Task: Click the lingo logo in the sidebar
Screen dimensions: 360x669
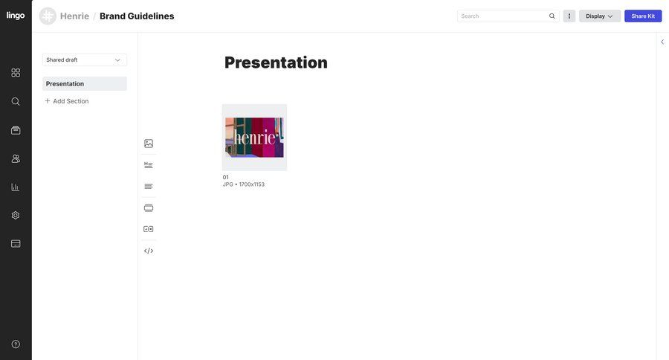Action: pyautogui.click(x=16, y=16)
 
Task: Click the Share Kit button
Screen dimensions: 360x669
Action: pyautogui.click(x=643, y=16)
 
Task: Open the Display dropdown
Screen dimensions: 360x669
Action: pyautogui.click(x=599, y=16)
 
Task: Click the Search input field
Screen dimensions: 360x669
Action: pyautogui.click(x=502, y=16)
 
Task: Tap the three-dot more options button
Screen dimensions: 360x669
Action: pyautogui.click(x=569, y=16)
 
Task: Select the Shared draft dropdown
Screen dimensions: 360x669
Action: pyautogui.click(x=84, y=60)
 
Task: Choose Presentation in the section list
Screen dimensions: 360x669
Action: pyautogui.click(x=84, y=83)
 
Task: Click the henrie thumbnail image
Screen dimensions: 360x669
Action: pyautogui.click(x=254, y=138)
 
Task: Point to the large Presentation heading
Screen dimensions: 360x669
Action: pyautogui.click(x=276, y=62)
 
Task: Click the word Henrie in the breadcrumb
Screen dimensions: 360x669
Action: pyautogui.click(x=74, y=16)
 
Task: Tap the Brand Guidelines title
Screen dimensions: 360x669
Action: pyautogui.click(x=137, y=16)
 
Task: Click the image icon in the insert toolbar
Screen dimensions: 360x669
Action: pyautogui.click(x=149, y=144)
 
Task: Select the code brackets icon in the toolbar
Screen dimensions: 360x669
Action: pyautogui.click(x=149, y=251)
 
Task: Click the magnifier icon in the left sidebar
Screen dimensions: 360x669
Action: pyautogui.click(x=16, y=101)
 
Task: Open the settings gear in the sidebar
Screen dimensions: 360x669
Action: pyautogui.click(x=16, y=215)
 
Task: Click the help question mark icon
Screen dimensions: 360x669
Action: pyautogui.click(x=16, y=344)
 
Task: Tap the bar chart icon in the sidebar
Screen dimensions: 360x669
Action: pyautogui.click(x=16, y=187)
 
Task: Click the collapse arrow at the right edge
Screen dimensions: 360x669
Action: pyautogui.click(x=662, y=42)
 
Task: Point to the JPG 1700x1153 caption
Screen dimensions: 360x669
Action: pyautogui.click(x=244, y=184)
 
